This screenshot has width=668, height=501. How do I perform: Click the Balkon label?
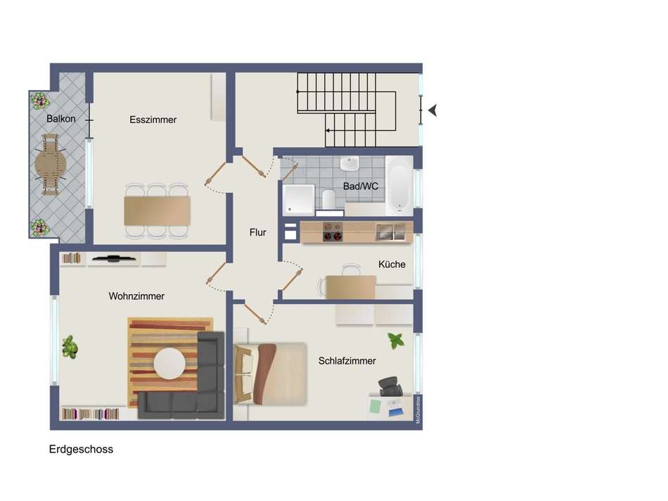coord(61,119)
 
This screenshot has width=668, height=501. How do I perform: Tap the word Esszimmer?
coord(153,120)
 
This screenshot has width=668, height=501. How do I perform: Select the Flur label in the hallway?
coord(258,232)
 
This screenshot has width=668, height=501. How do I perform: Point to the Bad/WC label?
coord(361,186)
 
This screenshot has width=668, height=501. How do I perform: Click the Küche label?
coord(392,265)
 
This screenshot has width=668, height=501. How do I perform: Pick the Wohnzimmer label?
coord(136,296)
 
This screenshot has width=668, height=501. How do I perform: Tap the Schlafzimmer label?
coord(347,361)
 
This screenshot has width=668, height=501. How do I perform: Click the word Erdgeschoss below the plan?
coord(81,450)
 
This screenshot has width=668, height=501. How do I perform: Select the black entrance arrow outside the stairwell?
coord(432,110)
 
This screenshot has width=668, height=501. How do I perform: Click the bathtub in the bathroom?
coord(399,186)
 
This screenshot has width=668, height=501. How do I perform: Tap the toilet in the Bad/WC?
coord(328,199)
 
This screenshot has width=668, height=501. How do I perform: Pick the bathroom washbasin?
coord(349,165)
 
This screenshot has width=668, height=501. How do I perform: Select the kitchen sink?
coord(390,232)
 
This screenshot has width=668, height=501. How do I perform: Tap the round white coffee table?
coord(169,364)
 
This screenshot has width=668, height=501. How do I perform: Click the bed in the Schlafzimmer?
coord(271,374)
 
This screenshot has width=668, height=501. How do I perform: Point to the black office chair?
coord(390,387)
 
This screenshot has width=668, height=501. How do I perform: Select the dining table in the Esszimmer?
coord(157,210)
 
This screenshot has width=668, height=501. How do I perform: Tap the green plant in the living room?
coord(69,347)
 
